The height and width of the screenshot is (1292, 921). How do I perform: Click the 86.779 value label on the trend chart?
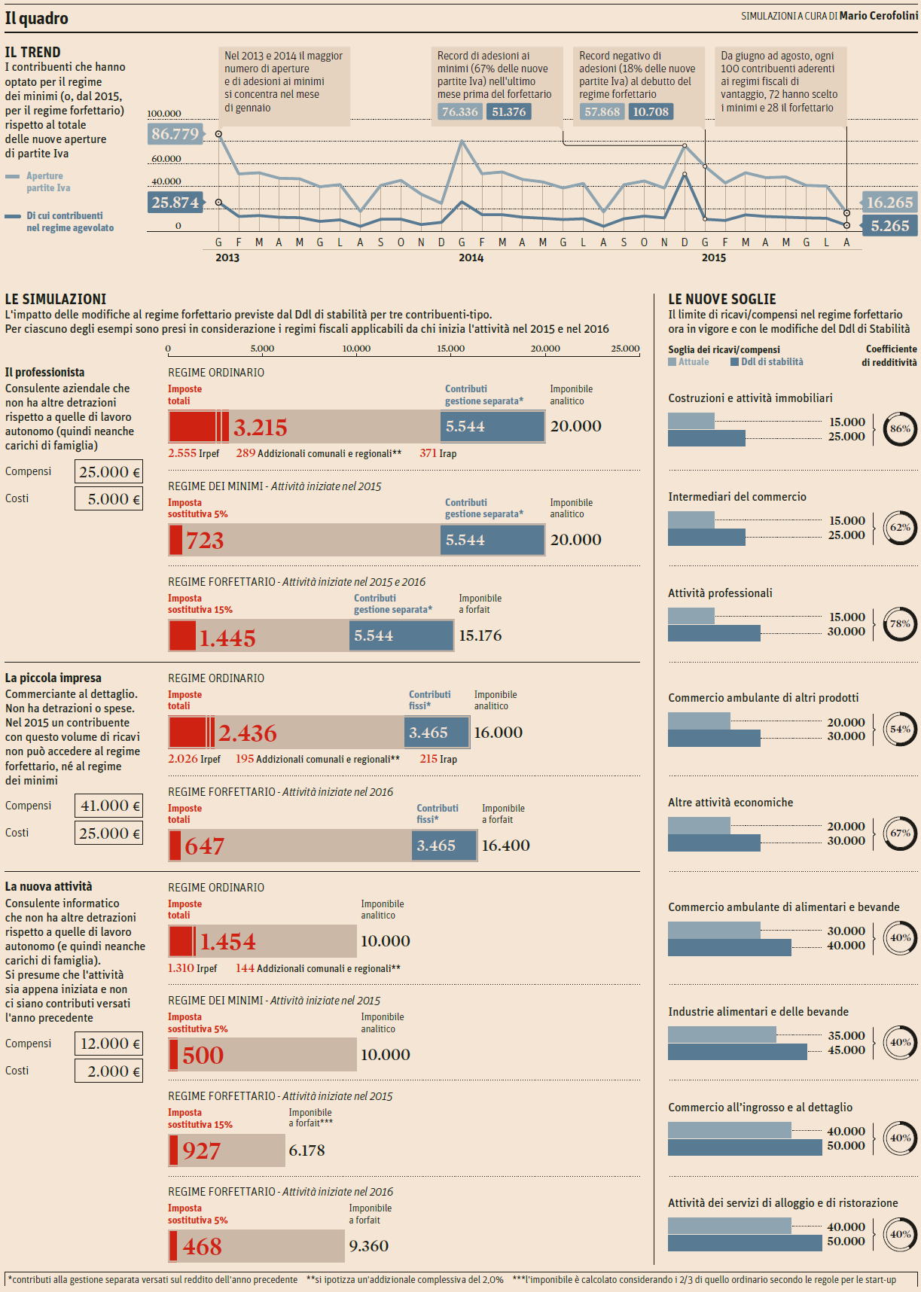coord(175,134)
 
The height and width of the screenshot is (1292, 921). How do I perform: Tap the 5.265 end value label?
coord(889,226)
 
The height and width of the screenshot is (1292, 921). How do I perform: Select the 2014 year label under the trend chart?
coord(471,257)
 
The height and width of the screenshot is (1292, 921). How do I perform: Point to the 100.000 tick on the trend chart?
coord(164,114)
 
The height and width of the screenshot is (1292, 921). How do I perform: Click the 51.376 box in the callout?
coord(509,112)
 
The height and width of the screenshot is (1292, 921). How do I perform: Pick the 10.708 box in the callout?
coord(651,112)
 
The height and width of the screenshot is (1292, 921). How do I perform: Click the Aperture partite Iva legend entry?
coord(47,181)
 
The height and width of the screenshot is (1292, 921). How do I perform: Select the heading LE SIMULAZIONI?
coord(56,299)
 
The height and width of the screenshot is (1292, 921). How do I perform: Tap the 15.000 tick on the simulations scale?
coord(450,349)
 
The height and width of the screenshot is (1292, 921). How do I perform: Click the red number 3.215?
coord(260,428)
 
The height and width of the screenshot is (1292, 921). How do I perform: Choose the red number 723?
coord(205,541)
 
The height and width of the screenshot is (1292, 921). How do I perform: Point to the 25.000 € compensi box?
coord(109,472)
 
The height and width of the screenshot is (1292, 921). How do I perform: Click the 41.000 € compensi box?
coord(109,806)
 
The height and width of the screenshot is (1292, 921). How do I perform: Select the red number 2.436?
coord(247,733)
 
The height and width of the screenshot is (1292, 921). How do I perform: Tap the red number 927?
coord(201,1151)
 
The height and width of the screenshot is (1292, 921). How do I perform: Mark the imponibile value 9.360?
coord(369,1246)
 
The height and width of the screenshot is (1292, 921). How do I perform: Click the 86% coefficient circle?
coord(900,429)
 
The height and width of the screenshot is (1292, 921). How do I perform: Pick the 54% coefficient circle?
coord(900,729)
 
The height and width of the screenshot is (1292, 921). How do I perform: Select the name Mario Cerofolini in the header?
coord(878,16)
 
